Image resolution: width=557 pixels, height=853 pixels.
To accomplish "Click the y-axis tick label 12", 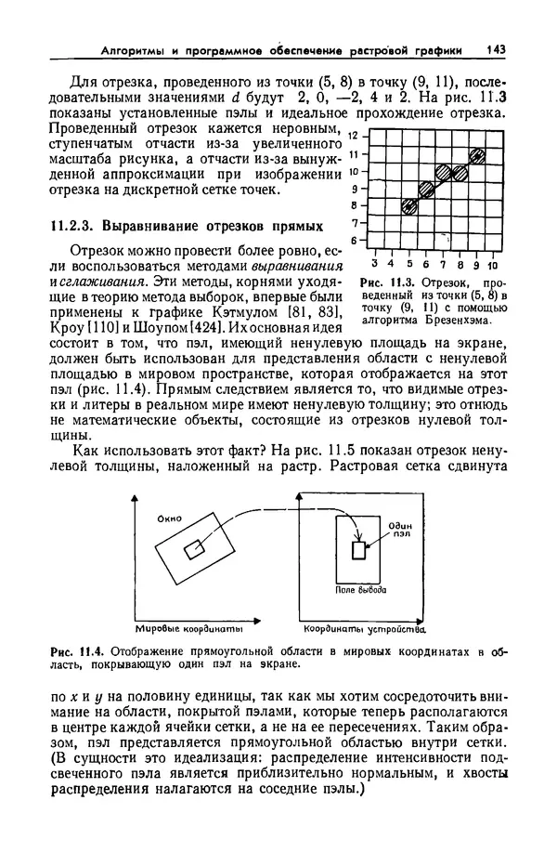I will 351,136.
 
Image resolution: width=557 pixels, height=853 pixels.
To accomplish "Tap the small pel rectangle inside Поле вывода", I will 359,551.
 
